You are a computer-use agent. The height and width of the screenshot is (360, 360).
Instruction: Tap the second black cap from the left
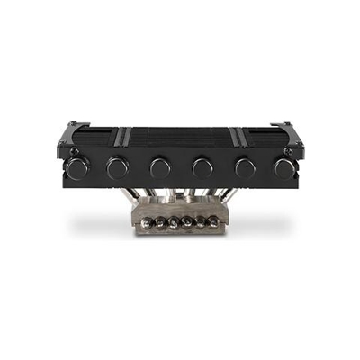click(x=117, y=166)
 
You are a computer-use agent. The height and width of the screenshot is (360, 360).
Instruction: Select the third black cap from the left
click(x=160, y=166)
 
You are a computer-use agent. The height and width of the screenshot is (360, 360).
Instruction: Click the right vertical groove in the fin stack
click(x=237, y=138)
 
